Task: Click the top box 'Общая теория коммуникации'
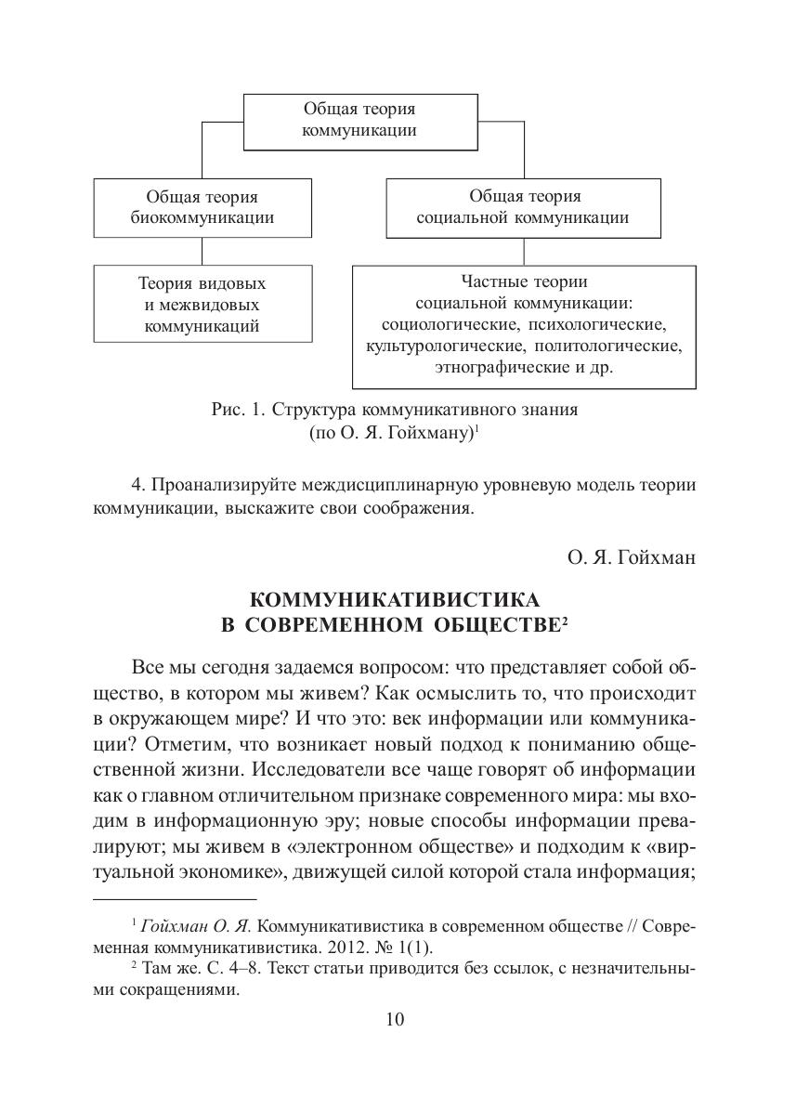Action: [x=359, y=121]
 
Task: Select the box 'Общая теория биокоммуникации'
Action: [x=202, y=207]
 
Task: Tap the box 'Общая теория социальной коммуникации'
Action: [x=524, y=207]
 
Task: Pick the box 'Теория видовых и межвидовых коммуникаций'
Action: [x=202, y=304]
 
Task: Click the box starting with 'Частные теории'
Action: [x=524, y=326]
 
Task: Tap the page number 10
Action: [x=395, y=1020]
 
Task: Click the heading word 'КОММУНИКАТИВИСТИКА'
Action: [x=395, y=599]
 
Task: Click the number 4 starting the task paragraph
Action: [x=137, y=485]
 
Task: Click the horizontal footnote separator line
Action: [x=175, y=899]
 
